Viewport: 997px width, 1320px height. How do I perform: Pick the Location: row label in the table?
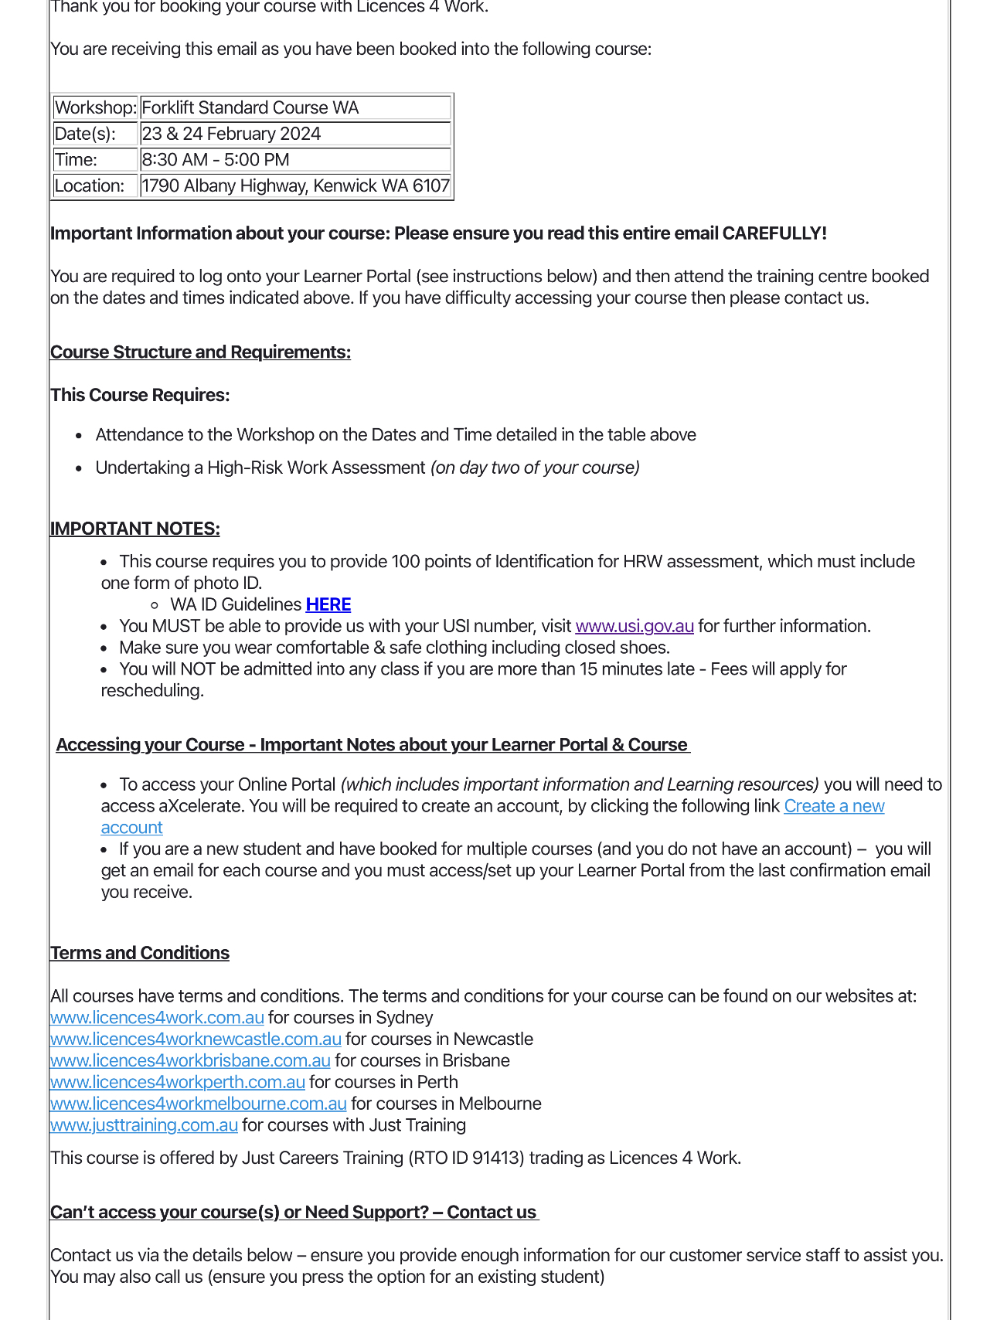coord(90,186)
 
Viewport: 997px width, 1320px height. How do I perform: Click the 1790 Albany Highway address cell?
coord(295,186)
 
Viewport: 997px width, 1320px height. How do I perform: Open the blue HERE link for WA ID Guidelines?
coord(328,604)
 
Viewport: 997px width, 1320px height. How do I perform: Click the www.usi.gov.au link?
coord(635,626)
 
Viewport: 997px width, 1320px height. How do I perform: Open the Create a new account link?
coord(834,806)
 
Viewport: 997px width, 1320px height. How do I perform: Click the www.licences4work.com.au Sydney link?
coord(157,1018)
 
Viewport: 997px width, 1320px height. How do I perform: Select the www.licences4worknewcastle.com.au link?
coord(196,1039)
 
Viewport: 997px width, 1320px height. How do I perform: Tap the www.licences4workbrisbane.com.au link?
coord(190,1061)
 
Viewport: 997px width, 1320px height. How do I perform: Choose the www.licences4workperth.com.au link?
coord(178,1083)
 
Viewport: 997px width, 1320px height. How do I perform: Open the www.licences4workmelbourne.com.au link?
coord(199,1104)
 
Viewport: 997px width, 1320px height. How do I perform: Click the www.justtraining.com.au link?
coord(144,1126)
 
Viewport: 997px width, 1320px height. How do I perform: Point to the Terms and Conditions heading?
coord(140,953)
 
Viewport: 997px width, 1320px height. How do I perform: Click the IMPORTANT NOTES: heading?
coord(135,529)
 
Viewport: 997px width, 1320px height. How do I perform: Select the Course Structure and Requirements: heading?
coord(200,352)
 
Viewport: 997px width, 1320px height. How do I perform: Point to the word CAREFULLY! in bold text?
coord(774,233)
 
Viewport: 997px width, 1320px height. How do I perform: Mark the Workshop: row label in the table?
coord(96,107)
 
